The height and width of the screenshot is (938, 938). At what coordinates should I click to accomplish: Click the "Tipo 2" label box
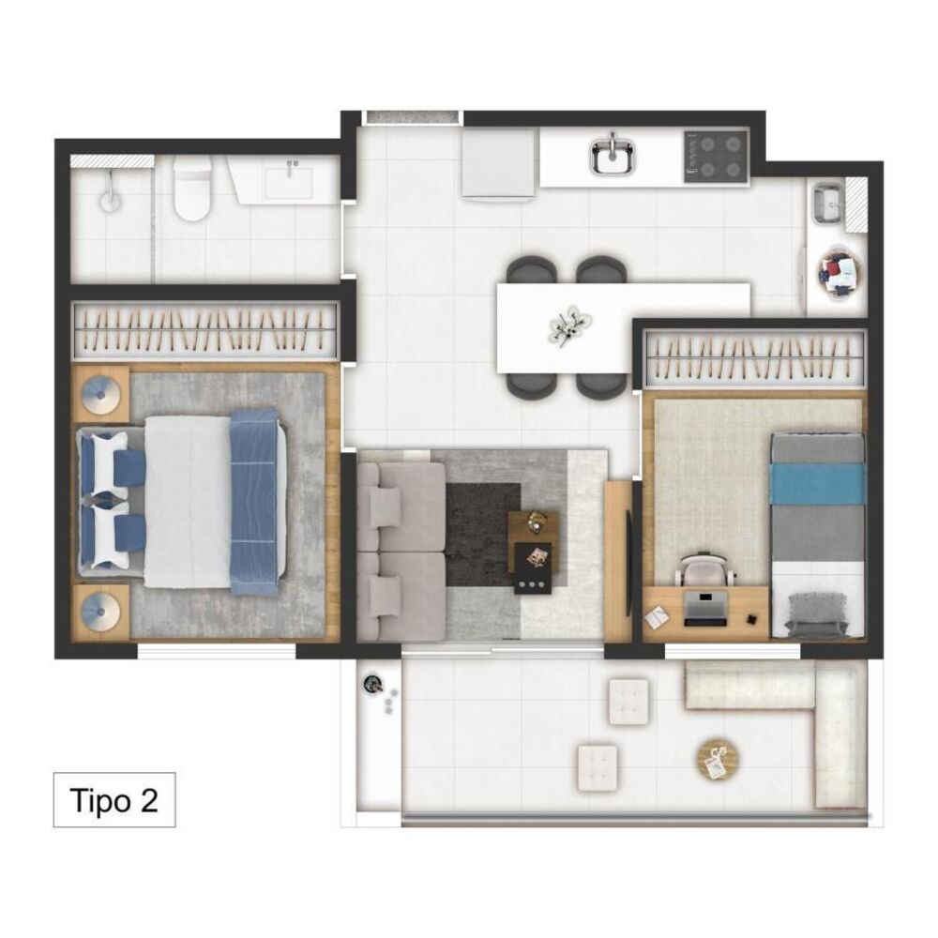[x=114, y=800]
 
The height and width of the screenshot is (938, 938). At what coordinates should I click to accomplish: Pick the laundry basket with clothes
[x=841, y=275]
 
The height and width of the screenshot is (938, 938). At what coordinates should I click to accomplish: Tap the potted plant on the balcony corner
[x=374, y=683]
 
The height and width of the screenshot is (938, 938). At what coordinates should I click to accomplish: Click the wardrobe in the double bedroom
[x=205, y=329]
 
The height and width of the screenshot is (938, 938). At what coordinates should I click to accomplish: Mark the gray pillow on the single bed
[x=815, y=613]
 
